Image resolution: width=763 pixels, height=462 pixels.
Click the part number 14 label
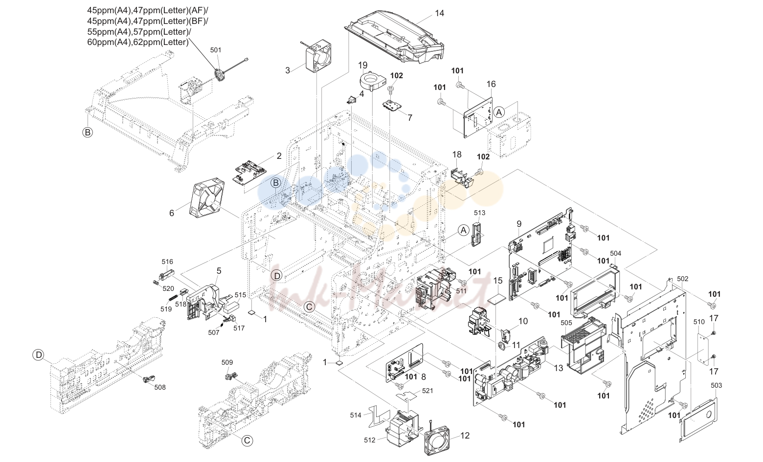[439, 13]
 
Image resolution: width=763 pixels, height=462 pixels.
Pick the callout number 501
[216, 50]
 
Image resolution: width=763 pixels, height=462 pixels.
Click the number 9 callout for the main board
[519, 224]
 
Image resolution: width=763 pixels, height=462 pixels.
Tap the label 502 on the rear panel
[682, 279]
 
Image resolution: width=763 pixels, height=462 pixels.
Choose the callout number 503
[717, 385]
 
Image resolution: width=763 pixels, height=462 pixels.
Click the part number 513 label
[480, 213]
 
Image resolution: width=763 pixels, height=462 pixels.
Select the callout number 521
[427, 391]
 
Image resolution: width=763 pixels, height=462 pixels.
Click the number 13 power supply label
[558, 368]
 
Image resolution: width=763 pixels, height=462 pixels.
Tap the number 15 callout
[498, 281]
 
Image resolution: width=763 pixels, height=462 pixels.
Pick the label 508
[160, 387]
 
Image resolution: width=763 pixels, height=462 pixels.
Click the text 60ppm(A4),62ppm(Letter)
[138, 42]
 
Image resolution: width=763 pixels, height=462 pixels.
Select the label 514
[356, 415]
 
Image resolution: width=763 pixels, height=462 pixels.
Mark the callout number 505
[566, 322]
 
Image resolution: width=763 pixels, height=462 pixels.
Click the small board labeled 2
[250, 171]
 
